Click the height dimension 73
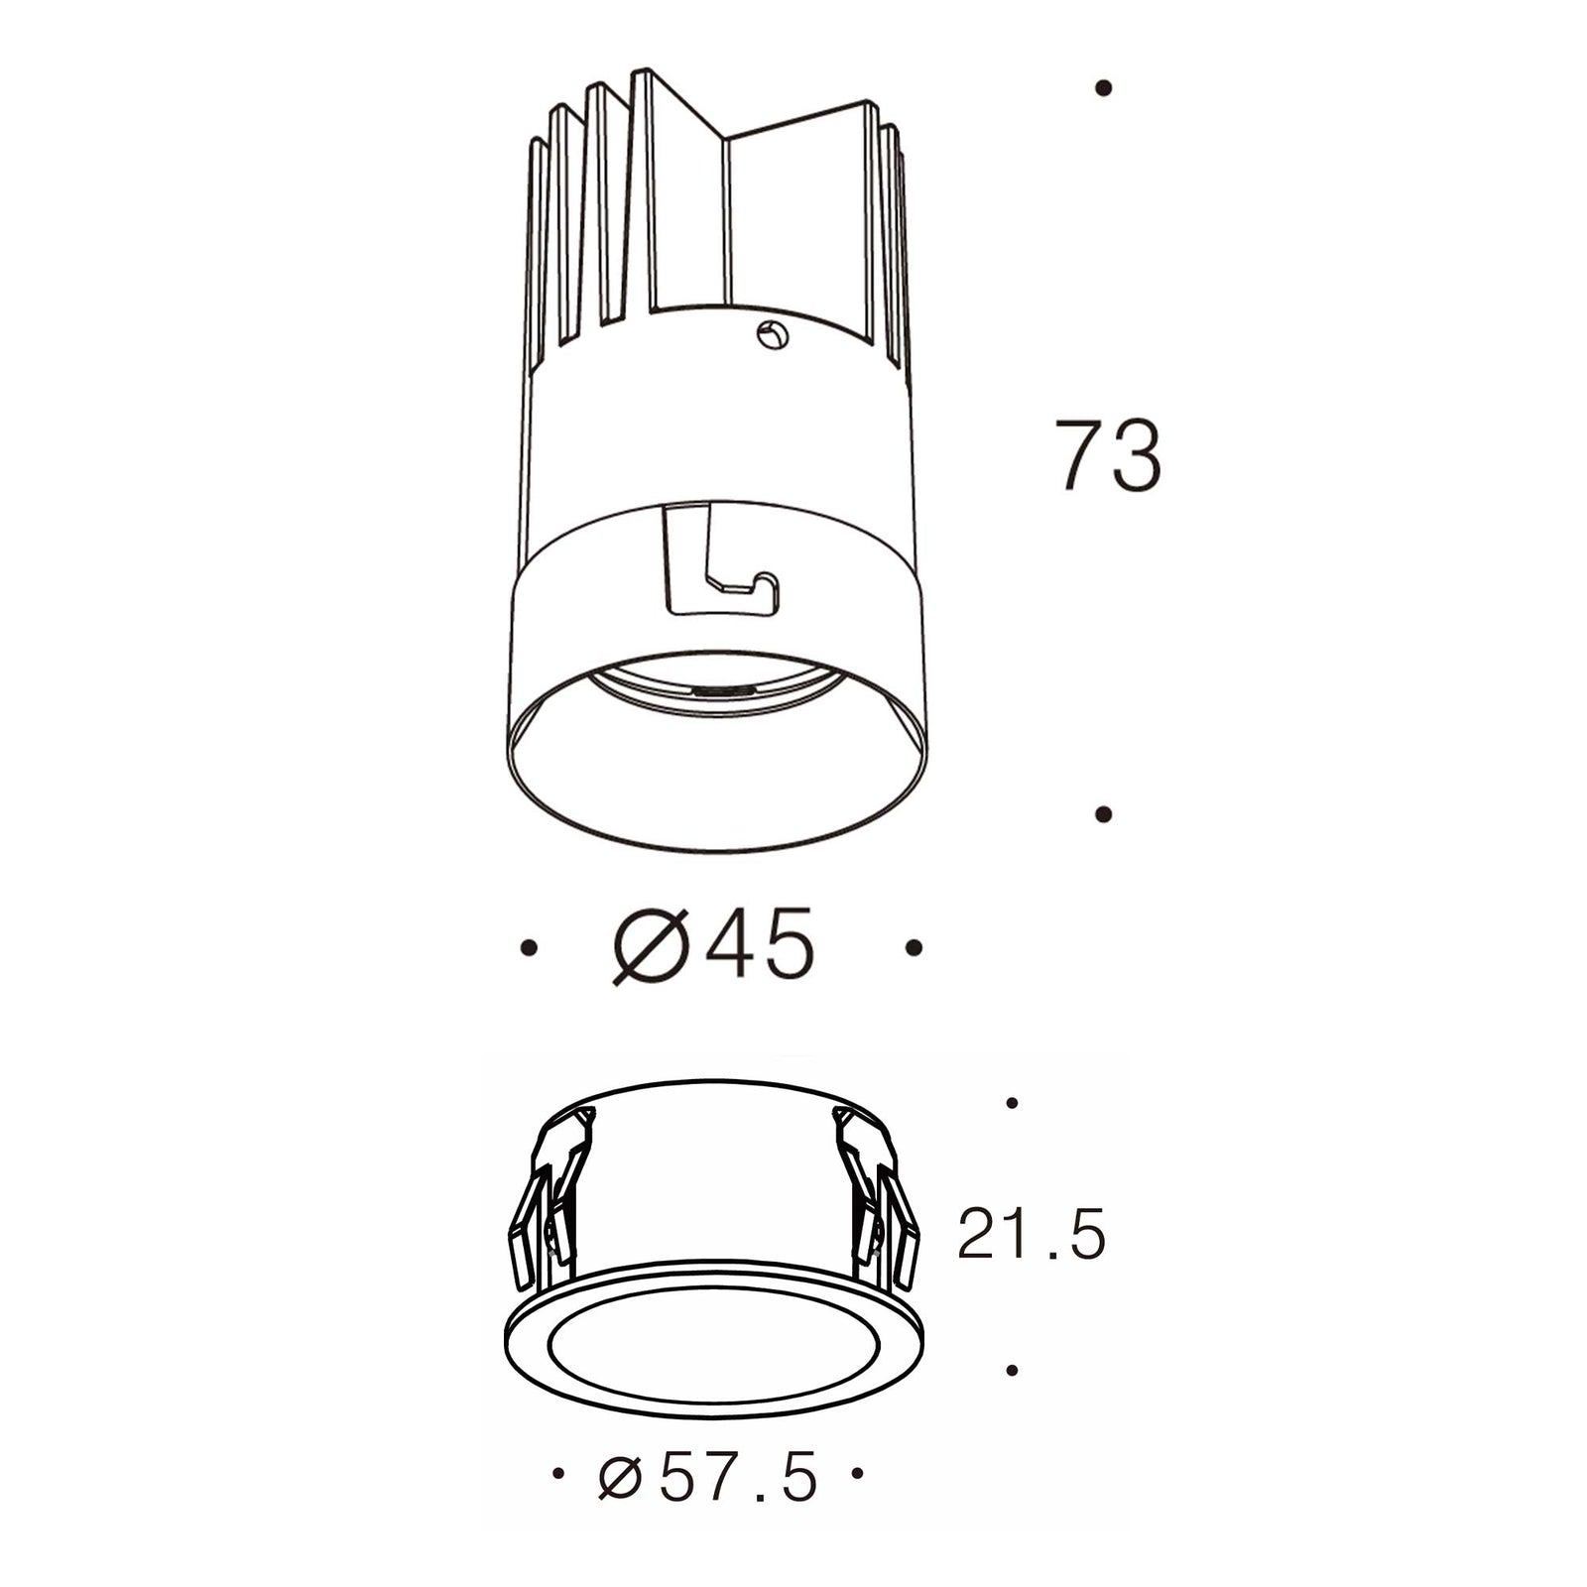(1107, 455)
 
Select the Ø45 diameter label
(713, 946)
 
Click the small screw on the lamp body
(773, 335)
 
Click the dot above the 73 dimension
(1103, 88)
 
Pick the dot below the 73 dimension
(1103, 813)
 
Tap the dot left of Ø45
(529, 948)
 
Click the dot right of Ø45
(914, 948)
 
